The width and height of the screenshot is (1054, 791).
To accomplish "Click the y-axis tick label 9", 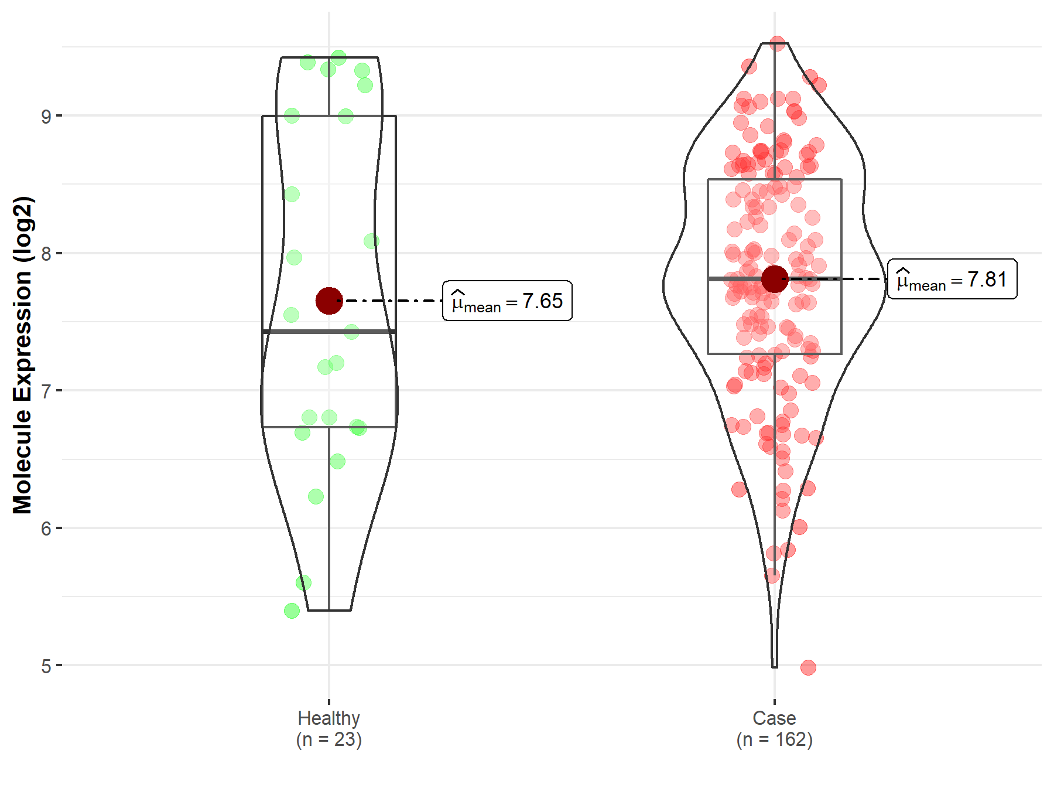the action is [46, 116].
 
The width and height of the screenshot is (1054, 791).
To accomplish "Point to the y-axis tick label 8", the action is [46, 254].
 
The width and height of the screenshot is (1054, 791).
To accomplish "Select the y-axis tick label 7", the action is [46, 391].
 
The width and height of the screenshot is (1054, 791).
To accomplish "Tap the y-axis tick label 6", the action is [46, 529].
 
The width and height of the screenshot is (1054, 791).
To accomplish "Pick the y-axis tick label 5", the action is [46, 666].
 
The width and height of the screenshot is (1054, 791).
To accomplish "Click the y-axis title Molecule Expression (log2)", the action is [22, 355].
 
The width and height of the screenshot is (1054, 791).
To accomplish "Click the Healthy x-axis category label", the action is [328, 718].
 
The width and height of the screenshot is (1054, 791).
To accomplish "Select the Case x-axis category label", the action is [774, 718].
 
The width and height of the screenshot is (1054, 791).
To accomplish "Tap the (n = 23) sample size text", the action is [328, 739].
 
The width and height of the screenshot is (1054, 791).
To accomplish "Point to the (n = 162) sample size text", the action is [774, 739].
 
